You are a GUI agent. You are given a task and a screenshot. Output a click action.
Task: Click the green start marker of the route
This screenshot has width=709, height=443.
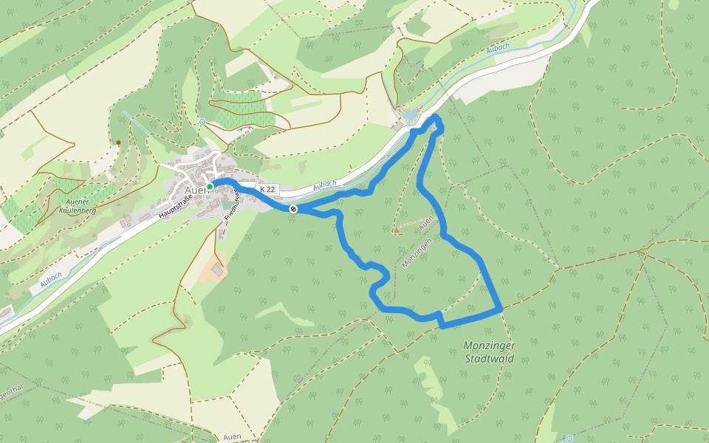coord(210,187)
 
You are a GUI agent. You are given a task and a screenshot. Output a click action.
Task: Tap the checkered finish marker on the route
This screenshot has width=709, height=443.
coord(293,209)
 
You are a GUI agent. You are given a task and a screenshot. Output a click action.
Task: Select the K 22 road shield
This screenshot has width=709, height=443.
coord(268,190)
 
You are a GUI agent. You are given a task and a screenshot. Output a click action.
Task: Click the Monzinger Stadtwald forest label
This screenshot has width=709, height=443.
coord(489,352)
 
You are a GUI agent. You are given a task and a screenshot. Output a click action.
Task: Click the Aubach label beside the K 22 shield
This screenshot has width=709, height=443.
coord(325,185)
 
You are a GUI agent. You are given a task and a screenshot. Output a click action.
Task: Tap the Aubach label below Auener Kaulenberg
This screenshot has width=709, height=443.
coord(51,279)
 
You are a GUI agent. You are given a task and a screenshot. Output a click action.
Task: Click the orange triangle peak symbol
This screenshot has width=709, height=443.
coord(396,230)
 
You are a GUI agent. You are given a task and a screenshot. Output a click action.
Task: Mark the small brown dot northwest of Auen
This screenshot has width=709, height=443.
coord(118,142)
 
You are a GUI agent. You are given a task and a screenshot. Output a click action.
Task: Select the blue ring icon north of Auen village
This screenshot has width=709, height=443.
coord(202,122)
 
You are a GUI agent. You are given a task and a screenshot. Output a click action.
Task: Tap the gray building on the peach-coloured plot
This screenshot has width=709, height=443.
coord(217,271)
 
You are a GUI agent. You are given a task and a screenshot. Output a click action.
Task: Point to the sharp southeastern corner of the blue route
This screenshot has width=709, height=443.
coord(501,309)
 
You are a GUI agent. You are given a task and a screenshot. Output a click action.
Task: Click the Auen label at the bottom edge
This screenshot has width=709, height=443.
coord(232,436)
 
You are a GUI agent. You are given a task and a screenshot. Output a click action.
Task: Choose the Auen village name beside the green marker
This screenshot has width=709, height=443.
coord(195,188)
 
